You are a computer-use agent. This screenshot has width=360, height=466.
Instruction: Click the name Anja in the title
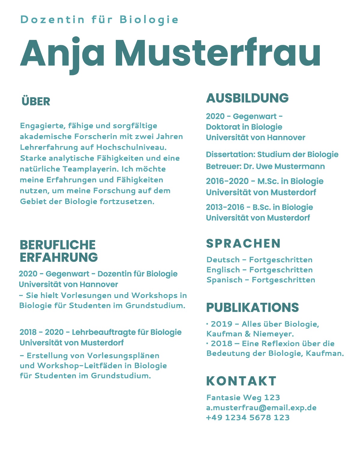[62, 53]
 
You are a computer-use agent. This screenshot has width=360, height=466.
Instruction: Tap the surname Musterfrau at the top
[218, 53]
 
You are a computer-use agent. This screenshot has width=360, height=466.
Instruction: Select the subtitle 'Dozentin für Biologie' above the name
[99, 20]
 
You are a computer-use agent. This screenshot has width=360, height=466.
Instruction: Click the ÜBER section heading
[36, 101]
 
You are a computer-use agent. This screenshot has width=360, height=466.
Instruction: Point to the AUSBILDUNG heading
[247, 98]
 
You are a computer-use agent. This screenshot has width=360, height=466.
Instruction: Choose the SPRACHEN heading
[243, 243]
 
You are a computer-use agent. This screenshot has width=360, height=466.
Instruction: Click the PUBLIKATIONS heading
[252, 308]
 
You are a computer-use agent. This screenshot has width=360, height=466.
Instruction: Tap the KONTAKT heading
[241, 381]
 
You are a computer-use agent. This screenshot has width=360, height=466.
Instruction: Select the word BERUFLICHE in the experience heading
[58, 245]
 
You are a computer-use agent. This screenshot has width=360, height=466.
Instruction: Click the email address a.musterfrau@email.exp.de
[261, 407]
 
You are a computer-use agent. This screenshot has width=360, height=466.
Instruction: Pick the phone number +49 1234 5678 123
[248, 417]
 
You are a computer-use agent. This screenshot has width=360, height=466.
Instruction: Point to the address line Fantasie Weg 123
[243, 398]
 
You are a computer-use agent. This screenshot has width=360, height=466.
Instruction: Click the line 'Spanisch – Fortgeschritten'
[261, 280]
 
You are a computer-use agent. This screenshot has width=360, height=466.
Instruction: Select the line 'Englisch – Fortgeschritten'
[259, 270]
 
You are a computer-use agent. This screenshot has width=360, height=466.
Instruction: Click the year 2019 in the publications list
[221, 324]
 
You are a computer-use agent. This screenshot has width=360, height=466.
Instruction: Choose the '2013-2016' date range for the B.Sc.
[225, 207]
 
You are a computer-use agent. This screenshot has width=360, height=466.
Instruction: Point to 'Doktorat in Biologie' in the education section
[244, 127]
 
